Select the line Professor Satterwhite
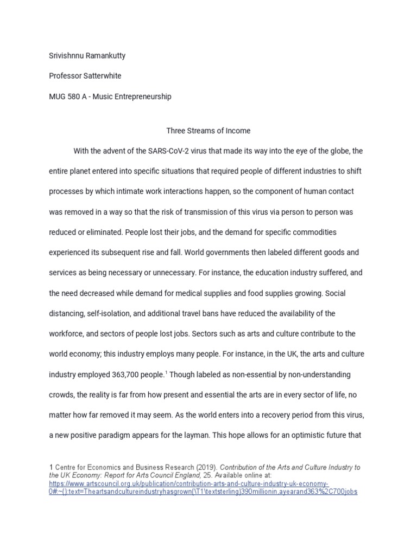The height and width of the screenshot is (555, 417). click(86, 76)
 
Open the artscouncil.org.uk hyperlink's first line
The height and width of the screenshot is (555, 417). click(188, 483)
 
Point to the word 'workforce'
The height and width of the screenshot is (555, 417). click(68, 334)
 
